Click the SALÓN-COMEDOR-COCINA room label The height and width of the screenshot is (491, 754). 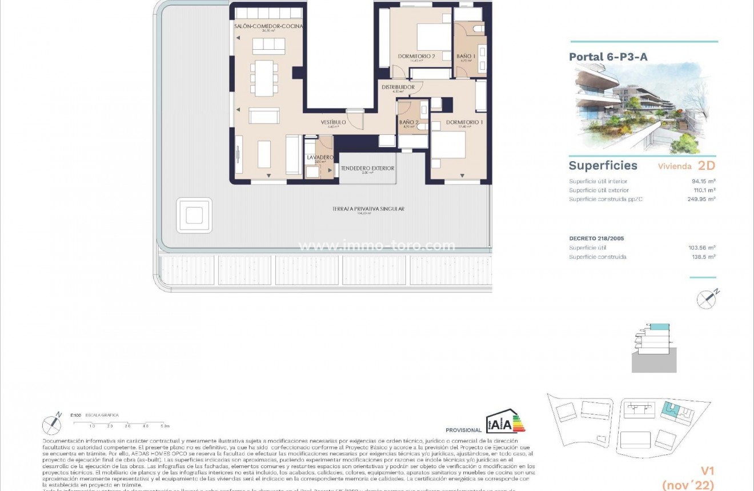[x=268, y=26]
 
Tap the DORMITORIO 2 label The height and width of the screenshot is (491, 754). [x=416, y=56]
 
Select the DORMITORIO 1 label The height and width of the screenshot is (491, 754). [x=464, y=122]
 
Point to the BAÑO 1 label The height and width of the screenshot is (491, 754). [x=466, y=56]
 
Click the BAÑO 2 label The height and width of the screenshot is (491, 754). [x=408, y=122]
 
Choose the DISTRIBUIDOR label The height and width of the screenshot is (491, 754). [x=398, y=87]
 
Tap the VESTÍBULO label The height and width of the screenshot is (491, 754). [x=333, y=122]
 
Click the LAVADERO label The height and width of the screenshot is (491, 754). [x=320, y=157]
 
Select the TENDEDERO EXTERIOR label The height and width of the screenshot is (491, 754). [x=367, y=168]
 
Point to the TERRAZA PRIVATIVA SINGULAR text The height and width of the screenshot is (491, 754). [x=368, y=209]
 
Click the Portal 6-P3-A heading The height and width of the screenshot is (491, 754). [x=608, y=57]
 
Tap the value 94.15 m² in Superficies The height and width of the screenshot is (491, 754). [x=703, y=181]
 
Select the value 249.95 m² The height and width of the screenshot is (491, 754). [x=701, y=199]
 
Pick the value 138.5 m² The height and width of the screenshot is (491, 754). [x=704, y=257]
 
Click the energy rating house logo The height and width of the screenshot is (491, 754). [x=505, y=422]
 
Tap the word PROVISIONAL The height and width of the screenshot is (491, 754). [x=463, y=430]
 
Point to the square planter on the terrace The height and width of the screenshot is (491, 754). [x=194, y=215]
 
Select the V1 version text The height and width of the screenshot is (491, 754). [x=707, y=471]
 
